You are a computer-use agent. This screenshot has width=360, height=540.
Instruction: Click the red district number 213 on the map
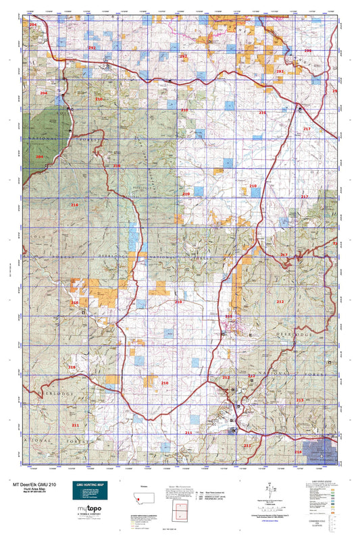click(300, 400)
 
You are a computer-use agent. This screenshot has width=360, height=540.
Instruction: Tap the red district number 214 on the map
click(298, 452)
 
